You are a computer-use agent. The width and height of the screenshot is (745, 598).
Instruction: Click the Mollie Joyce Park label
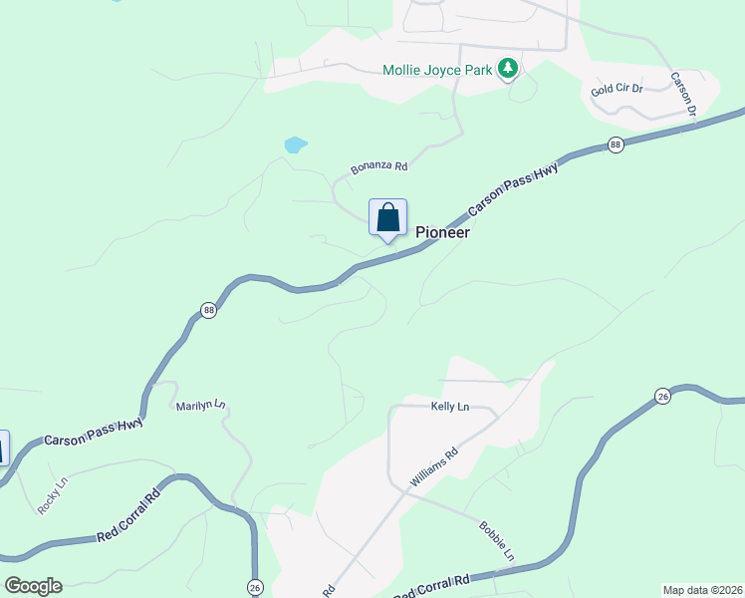pyautogui.click(x=439, y=70)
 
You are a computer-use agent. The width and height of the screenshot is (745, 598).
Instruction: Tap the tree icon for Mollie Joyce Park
pyautogui.click(x=509, y=68)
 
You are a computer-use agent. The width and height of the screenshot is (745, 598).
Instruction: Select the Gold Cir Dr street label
pyautogui.click(x=617, y=89)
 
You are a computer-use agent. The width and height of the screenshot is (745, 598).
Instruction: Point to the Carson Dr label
pyautogui.click(x=682, y=93)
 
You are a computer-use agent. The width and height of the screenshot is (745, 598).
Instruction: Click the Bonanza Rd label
pyautogui.click(x=379, y=167)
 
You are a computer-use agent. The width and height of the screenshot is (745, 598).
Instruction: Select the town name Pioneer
pyautogui.click(x=442, y=232)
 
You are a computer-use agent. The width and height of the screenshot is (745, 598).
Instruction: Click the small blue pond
pyautogui.click(x=295, y=145)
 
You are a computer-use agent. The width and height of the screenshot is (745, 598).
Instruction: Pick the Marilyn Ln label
pyautogui.click(x=201, y=406)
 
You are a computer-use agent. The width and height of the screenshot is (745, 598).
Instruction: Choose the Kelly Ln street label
pyautogui.click(x=449, y=407)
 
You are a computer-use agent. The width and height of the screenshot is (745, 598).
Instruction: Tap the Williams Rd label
pyautogui.click(x=433, y=467)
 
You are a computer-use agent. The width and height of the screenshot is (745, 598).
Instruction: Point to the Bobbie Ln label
pyautogui.click(x=496, y=539)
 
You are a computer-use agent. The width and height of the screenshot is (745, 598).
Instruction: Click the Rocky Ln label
pyautogui.click(x=52, y=494)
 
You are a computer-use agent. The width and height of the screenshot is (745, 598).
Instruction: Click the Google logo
pyautogui.click(x=33, y=586)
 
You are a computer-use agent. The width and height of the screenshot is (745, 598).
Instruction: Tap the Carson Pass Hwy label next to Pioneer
pyautogui.click(x=514, y=185)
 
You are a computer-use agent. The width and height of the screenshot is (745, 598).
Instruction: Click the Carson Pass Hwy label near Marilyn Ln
pyautogui.click(x=94, y=431)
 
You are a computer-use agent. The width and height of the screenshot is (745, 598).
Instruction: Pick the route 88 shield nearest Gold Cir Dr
pyautogui.click(x=616, y=146)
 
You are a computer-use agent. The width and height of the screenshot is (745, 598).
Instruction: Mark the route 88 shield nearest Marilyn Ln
pyautogui.click(x=207, y=311)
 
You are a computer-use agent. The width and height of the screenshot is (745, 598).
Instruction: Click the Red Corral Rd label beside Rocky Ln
pyautogui.click(x=129, y=516)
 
